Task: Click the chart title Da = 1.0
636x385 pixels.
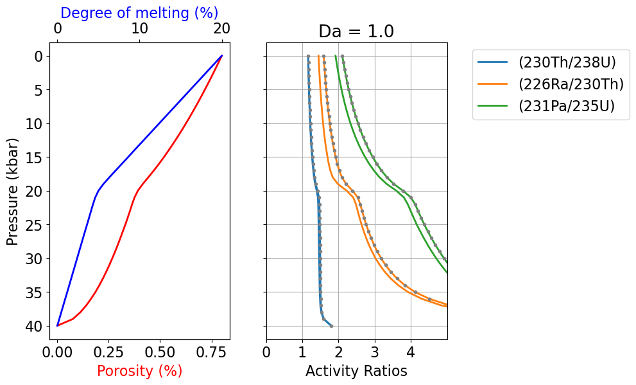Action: click(356, 31)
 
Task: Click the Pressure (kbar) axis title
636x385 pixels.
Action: click(13, 191)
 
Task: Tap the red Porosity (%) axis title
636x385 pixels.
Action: click(139, 371)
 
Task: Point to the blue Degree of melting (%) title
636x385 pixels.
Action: click(139, 13)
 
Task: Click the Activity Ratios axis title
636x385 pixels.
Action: click(356, 371)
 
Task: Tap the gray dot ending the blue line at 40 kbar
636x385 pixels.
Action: click(331, 327)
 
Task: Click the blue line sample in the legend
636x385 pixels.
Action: click(493, 62)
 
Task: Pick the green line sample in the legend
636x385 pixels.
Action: click(493, 106)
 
